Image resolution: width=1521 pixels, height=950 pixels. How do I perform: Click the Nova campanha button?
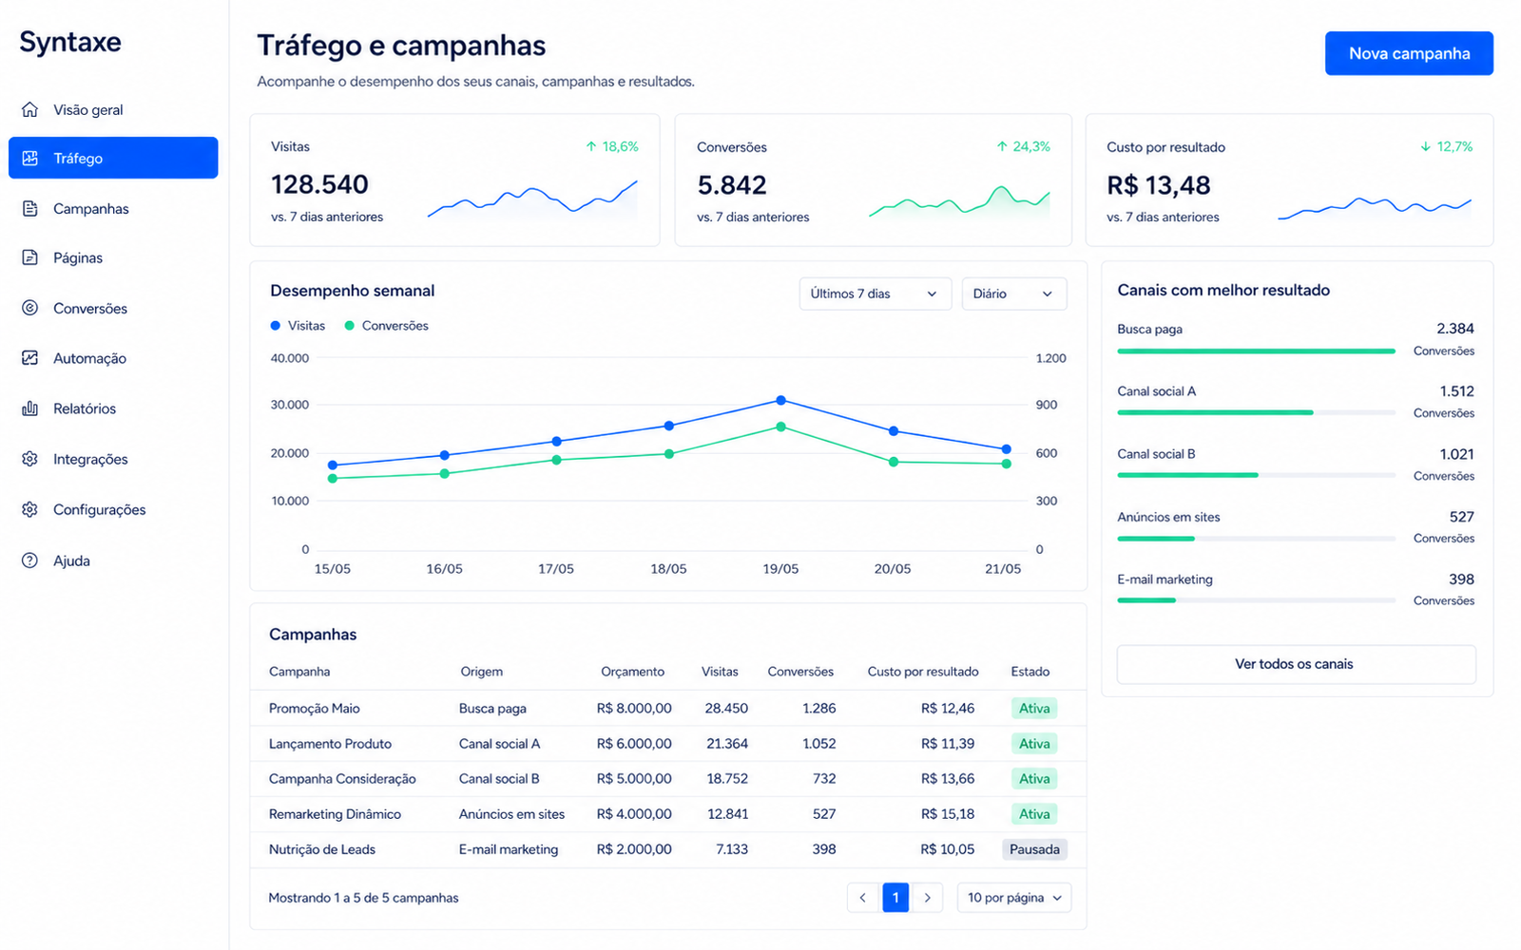(1408, 53)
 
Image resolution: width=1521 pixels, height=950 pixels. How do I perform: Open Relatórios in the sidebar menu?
(85, 408)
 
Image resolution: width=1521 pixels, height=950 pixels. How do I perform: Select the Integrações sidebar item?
(90, 459)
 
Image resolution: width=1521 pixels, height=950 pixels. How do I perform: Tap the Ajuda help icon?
(29, 560)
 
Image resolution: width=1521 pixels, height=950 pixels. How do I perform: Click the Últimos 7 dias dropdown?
(875, 294)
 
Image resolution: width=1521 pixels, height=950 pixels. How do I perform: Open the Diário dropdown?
(1013, 294)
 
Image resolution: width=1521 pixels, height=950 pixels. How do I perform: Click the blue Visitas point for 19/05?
(780, 400)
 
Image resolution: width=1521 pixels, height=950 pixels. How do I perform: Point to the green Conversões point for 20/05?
(894, 462)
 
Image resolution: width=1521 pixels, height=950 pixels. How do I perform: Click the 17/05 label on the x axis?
(555, 569)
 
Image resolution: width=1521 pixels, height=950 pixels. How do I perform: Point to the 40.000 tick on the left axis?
(289, 357)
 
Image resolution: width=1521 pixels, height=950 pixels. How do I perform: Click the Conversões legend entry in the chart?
(386, 326)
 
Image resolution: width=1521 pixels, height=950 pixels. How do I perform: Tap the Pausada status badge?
(1034, 849)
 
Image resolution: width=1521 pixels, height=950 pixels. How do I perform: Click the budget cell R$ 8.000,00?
(634, 708)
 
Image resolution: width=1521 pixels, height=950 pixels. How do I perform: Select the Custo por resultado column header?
(923, 671)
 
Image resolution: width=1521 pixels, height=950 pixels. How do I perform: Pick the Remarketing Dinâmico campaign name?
(335, 813)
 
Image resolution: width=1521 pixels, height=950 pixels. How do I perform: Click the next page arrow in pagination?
(927, 898)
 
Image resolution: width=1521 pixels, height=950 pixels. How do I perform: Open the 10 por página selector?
(1013, 898)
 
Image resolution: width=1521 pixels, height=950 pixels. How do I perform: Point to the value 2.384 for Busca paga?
(1454, 329)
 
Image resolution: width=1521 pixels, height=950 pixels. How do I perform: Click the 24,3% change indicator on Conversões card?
(1023, 146)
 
